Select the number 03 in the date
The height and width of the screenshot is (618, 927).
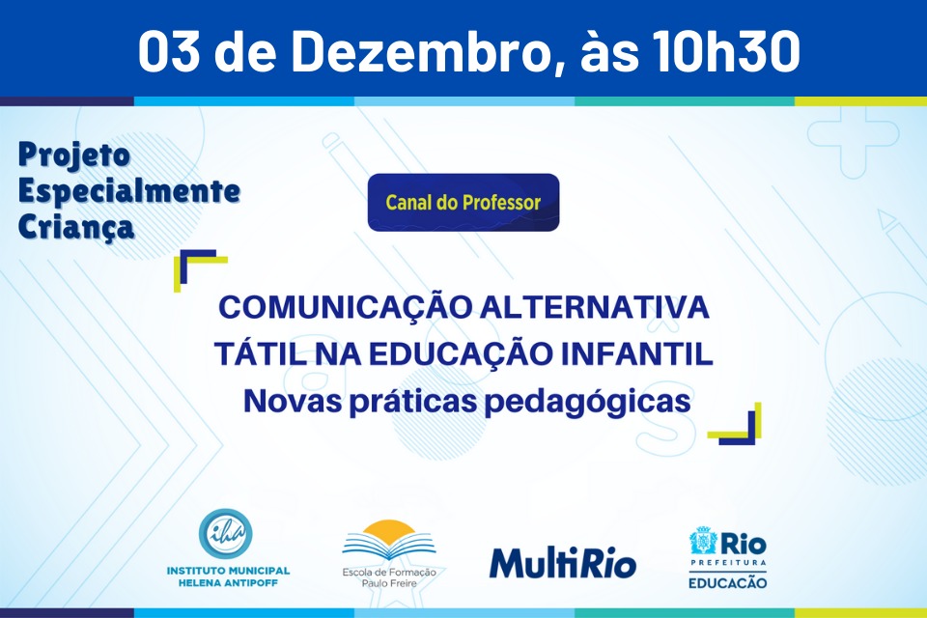[x=168, y=51]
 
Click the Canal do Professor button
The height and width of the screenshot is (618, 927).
[x=463, y=202]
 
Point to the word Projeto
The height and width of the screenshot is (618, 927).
[x=74, y=155]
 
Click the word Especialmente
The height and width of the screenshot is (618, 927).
[x=128, y=190]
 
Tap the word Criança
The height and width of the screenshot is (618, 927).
[x=76, y=227]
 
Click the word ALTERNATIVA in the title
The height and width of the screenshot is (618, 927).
[x=595, y=307]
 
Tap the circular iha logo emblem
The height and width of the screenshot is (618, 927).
[x=225, y=533]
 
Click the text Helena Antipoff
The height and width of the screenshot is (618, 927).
[x=228, y=583]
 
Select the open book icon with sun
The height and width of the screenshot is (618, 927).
[x=388, y=541]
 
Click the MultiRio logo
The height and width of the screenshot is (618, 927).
[x=562, y=562]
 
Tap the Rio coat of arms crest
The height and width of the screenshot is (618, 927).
[x=704, y=541]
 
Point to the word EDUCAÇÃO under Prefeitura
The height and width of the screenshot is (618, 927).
[x=728, y=583]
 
